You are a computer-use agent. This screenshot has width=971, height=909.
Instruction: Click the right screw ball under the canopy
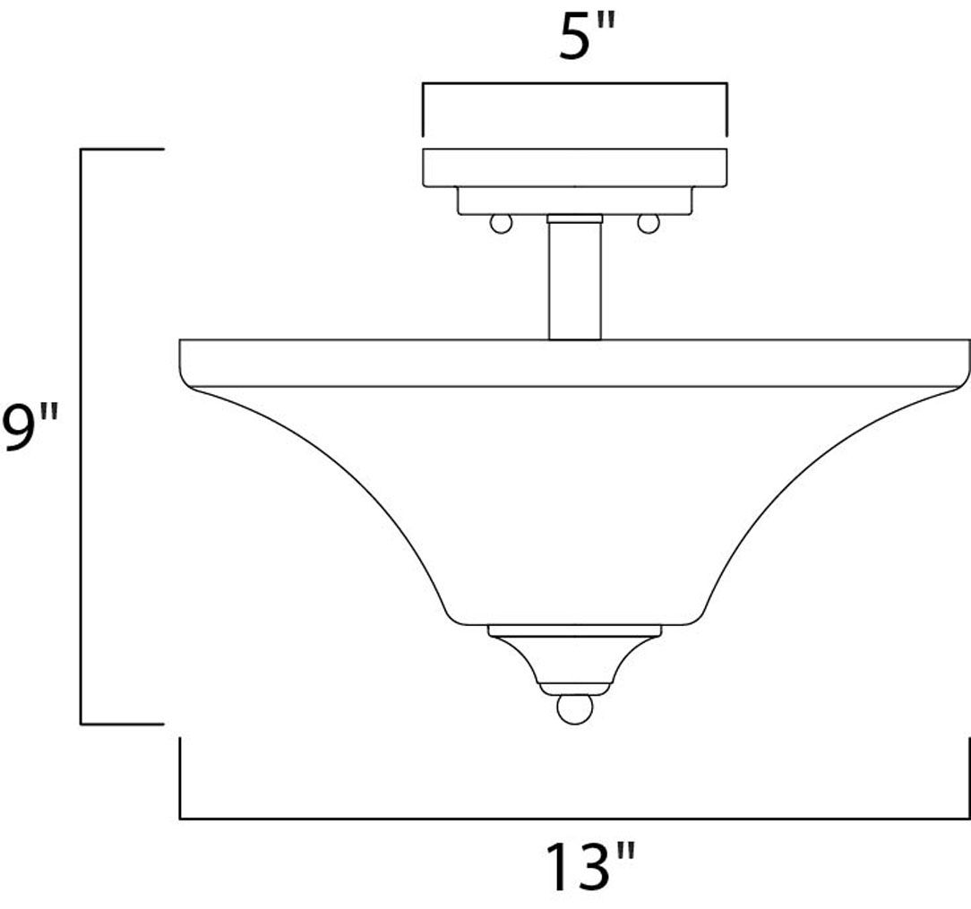pos(648,224)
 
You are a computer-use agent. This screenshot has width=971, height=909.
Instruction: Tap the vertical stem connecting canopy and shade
pos(574,279)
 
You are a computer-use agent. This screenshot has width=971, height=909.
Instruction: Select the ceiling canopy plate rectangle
pos(574,167)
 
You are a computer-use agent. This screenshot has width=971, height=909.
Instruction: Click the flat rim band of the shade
pos(574,364)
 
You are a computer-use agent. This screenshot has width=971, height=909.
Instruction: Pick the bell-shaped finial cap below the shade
pos(574,663)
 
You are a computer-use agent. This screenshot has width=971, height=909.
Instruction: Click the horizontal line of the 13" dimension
pos(574,818)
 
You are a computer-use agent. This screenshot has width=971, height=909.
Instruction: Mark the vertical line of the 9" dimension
pos(82,435)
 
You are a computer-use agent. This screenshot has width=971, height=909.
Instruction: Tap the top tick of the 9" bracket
pos(122,149)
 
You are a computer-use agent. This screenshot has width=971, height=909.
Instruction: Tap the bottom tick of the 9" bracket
pos(122,723)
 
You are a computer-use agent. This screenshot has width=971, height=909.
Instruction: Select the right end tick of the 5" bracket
pos(726,109)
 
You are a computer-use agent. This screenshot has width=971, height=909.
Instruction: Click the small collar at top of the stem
pos(574,218)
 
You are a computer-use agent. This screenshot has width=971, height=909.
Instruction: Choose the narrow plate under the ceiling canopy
pos(574,201)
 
